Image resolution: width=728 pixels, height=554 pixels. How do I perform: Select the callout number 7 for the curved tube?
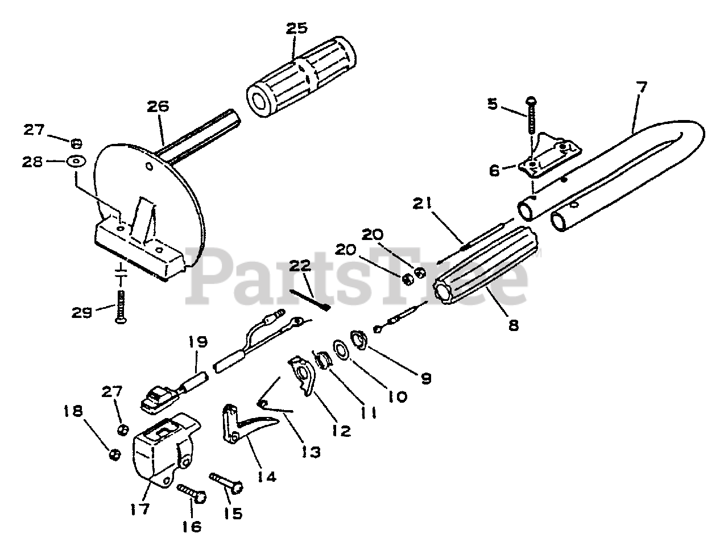(x=641, y=88)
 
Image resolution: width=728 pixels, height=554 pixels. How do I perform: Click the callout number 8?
(x=514, y=327)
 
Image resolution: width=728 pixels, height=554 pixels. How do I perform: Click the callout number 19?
(x=198, y=342)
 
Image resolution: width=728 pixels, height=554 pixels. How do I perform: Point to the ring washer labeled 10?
(x=341, y=349)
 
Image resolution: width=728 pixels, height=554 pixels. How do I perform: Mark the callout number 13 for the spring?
(x=311, y=452)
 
